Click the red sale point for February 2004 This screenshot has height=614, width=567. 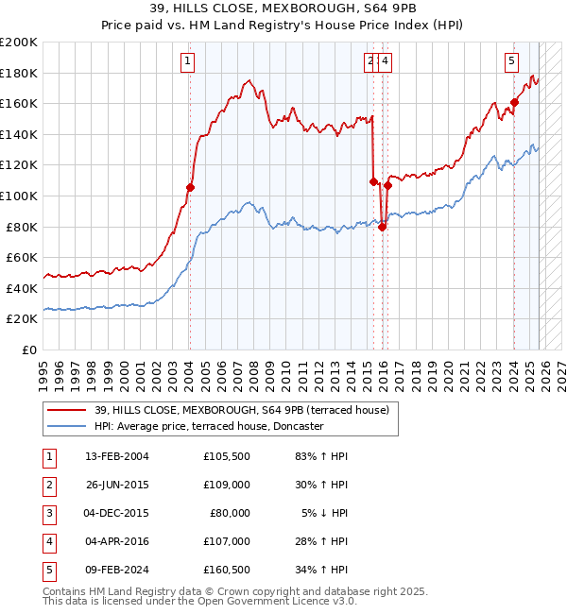[190, 187]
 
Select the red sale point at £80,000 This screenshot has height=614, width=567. [382, 227]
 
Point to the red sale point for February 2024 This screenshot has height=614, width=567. [514, 102]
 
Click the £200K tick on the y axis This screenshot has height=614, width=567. [19, 43]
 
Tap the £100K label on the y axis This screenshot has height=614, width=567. [19, 196]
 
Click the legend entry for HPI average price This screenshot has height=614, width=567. [208, 426]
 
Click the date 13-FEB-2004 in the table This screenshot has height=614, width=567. [116, 456]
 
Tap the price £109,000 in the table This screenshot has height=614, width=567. [227, 485]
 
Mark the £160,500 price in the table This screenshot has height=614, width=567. [227, 570]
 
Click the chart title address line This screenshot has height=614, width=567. [283, 9]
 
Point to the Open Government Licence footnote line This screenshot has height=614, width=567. [186, 601]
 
